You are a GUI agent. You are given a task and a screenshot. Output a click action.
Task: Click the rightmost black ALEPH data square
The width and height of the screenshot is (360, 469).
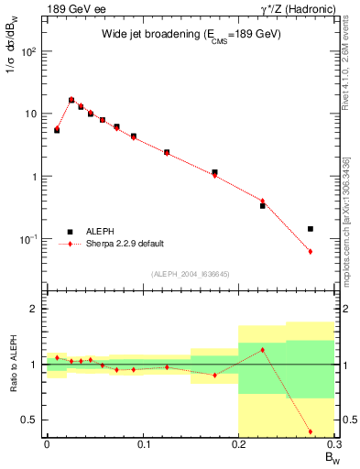point(311,229)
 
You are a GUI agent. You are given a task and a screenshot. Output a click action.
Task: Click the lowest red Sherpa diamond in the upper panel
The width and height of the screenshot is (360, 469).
point(311,251)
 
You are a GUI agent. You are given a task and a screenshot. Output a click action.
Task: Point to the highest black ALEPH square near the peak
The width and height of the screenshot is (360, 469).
point(71,100)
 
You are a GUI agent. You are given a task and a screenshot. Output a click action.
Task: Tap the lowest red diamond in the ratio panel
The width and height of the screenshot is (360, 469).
point(311,431)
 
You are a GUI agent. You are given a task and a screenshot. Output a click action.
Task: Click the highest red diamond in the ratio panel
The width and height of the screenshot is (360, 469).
point(262,350)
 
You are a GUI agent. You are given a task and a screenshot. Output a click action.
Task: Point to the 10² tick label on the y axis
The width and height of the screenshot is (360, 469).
point(28,52)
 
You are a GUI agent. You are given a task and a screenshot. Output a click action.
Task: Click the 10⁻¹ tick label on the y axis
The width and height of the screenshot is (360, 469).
point(28,239)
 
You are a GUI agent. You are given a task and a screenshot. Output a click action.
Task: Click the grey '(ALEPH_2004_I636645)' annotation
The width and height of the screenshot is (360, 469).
point(191,273)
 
